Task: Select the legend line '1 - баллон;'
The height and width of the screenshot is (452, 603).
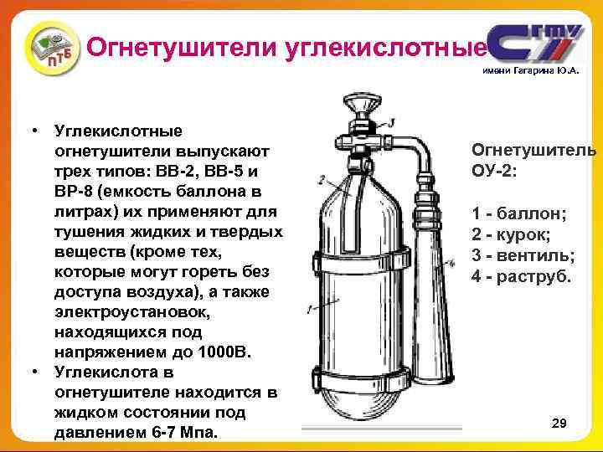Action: (x=518, y=213)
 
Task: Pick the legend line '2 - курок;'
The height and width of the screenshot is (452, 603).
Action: (x=513, y=234)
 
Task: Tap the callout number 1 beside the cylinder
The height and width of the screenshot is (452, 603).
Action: (x=311, y=309)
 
